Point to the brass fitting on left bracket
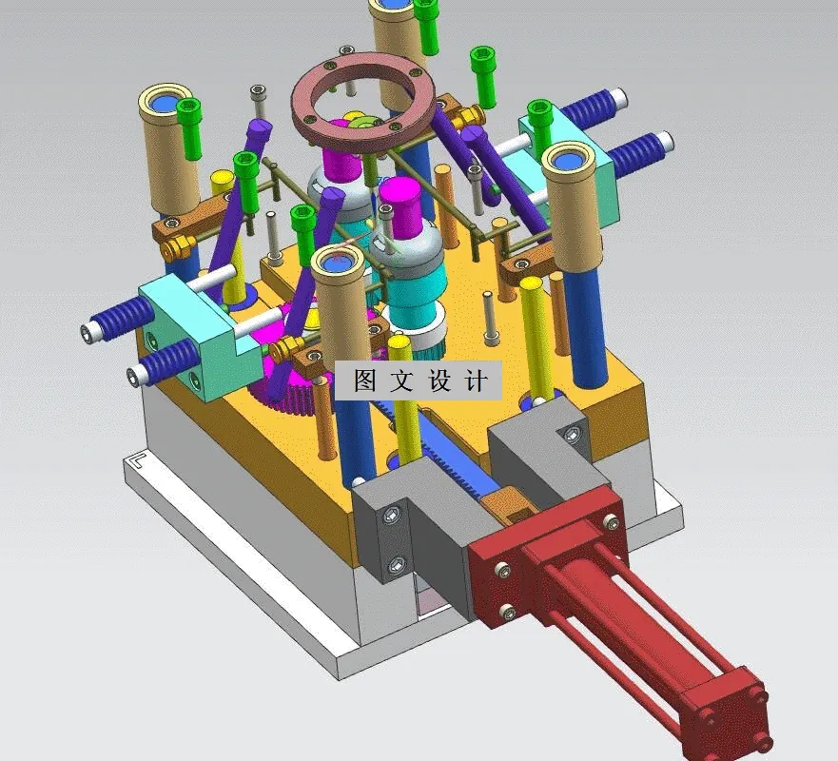pos(174,250)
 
